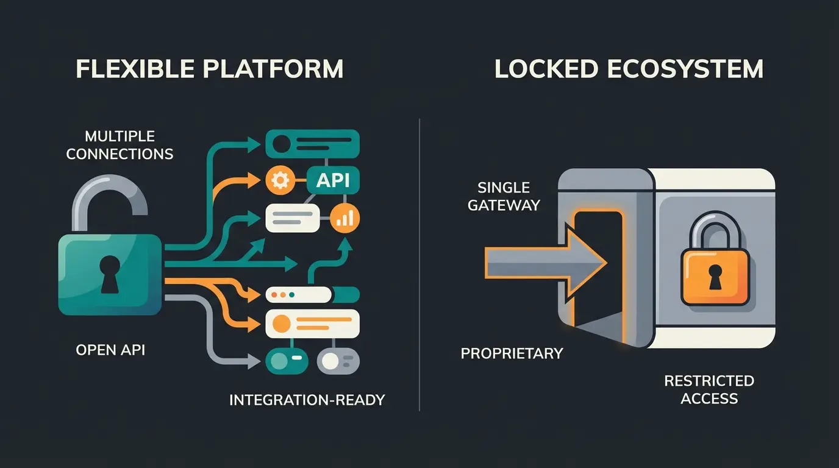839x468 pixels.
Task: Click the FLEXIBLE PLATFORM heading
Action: tap(209, 69)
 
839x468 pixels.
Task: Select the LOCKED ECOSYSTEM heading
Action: tap(629, 69)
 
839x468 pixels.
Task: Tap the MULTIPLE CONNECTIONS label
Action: tap(120, 145)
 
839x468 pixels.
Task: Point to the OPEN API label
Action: tap(110, 350)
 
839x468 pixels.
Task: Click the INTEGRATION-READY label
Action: tap(307, 400)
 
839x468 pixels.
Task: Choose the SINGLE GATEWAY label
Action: tap(504, 196)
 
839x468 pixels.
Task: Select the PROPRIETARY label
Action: tap(512, 353)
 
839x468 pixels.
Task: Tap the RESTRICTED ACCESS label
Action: tap(709, 389)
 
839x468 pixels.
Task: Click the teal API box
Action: tap(333, 180)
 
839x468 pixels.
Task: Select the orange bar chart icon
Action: tap(345, 218)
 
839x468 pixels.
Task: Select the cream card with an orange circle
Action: tap(312, 323)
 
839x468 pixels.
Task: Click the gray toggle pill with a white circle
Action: tap(338, 361)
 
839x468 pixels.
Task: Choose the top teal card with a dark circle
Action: tap(312, 144)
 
